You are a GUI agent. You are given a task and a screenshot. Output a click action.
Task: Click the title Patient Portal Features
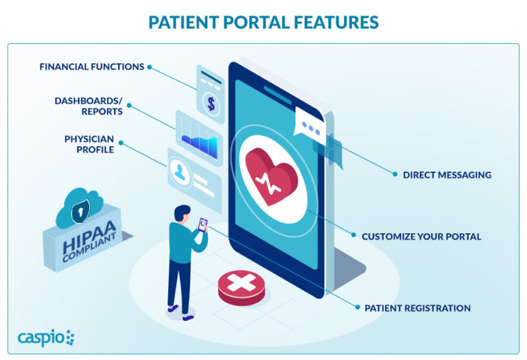tap(263, 22)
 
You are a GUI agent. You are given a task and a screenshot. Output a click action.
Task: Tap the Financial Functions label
tap(91, 67)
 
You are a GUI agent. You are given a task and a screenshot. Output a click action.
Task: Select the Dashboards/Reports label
tap(89, 106)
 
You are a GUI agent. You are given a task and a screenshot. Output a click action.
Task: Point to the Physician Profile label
tap(89, 143)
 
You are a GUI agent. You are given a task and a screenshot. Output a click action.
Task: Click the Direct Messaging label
tap(447, 175)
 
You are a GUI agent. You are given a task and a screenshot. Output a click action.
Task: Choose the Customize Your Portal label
tap(421, 237)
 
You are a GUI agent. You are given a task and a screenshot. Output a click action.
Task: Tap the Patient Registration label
tap(417, 308)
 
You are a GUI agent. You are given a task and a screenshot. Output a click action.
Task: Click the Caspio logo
tap(47, 337)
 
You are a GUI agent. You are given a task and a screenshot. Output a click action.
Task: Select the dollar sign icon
tap(211, 104)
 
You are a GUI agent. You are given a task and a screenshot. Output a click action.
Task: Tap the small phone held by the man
tap(204, 225)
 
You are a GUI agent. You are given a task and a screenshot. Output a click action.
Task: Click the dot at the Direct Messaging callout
tap(395, 175)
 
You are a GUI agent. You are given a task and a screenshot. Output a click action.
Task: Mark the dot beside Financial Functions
tap(150, 67)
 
